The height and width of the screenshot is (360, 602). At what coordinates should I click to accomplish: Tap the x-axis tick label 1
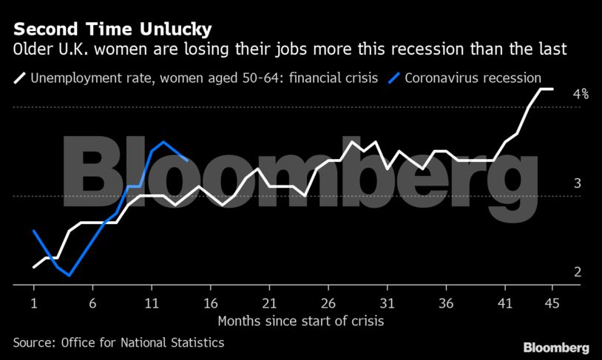point(34,303)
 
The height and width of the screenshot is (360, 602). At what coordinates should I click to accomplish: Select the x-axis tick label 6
point(92,303)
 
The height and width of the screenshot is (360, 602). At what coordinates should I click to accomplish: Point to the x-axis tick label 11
point(151,303)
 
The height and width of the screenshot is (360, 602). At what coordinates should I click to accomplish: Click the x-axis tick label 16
point(210,303)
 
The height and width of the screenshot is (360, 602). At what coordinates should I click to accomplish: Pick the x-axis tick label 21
point(268,303)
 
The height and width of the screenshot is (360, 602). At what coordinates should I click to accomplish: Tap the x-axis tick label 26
point(328,303)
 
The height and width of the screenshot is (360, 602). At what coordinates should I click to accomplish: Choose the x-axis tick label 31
point(386,303)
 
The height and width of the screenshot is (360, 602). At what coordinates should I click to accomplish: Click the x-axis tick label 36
point(445,303)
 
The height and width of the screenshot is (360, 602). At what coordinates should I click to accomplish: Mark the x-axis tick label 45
point(551,303)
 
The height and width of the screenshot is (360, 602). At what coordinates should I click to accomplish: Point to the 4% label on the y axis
point(581,95)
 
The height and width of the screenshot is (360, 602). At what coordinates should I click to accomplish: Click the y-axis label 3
point(578,183)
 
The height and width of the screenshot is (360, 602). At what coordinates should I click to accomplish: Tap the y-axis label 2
point(578,272)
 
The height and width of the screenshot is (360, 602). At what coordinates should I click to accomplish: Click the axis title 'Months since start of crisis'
point(301,322)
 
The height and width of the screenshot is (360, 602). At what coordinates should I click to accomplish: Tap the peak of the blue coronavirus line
point(163,142)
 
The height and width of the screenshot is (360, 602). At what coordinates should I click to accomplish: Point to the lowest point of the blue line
point(69,275)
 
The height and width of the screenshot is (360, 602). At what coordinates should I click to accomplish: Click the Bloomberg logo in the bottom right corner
point(556,347)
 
